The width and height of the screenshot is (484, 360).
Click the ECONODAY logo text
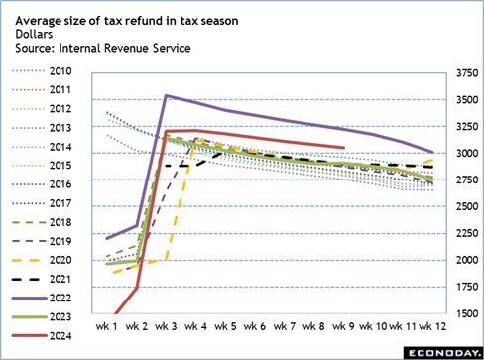pos(441,349)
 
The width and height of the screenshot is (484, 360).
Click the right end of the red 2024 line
pos(343,148)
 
